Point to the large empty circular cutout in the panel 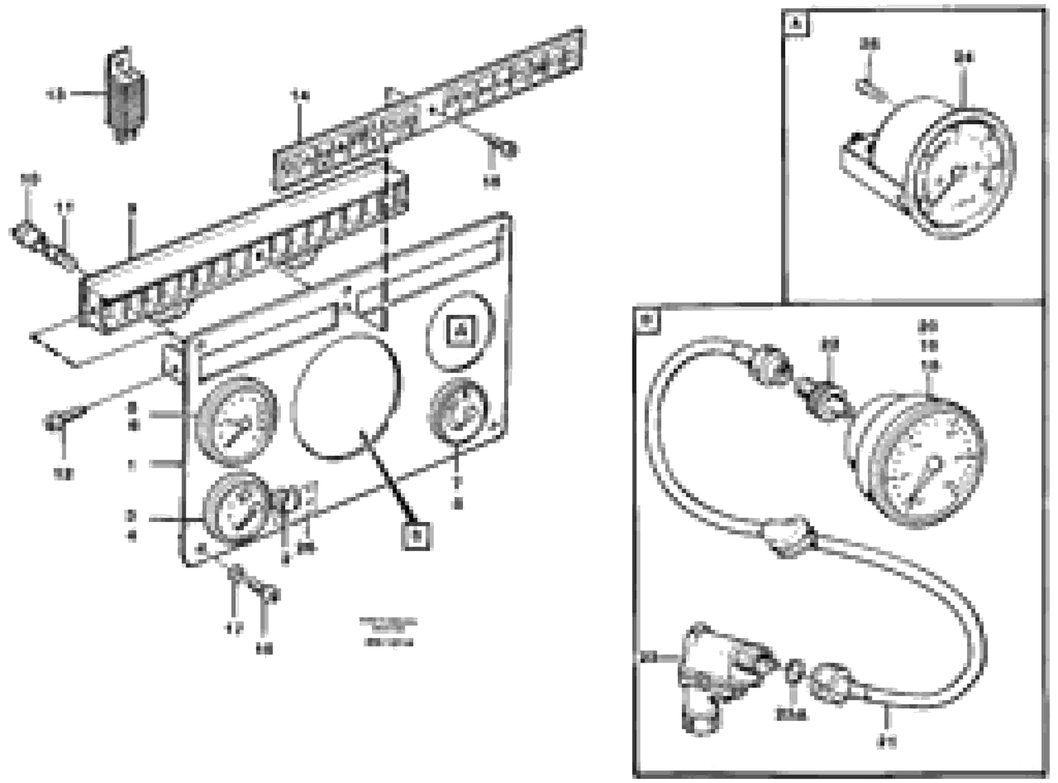coord(345,397)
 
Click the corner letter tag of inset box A coord(796,24)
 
